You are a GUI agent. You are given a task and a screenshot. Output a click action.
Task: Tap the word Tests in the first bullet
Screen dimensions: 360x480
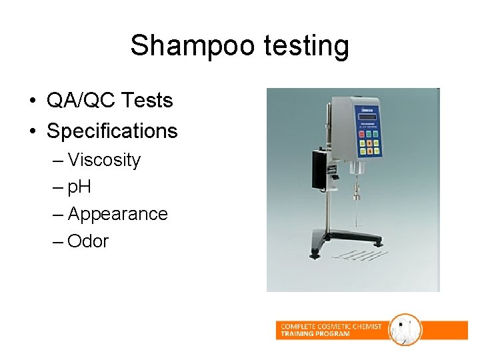click(147, 101)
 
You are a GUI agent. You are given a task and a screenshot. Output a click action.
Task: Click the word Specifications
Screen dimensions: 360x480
click(112, 131)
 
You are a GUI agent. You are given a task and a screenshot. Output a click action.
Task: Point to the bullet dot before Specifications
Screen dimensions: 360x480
click(32, 131)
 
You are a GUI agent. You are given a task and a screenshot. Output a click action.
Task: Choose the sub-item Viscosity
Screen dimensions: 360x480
click(104, 160)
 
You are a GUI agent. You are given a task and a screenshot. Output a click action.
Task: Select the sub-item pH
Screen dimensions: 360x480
click(79, 187)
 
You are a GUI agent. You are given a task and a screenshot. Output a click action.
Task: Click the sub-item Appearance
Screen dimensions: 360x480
click(117, 214)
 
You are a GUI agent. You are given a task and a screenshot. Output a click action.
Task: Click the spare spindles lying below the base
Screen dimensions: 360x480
click(353, 255)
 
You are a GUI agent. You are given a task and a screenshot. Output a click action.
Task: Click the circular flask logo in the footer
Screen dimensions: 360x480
click(405, 329)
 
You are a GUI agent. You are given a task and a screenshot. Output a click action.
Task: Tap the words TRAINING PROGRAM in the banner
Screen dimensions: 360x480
click(315, 334)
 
